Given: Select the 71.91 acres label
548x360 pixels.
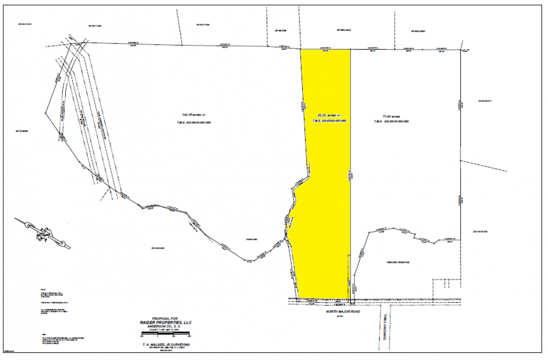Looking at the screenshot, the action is [392, 117].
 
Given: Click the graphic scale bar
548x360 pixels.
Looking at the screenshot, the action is [166, 332].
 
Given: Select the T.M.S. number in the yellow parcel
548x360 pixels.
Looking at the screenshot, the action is [329, 120].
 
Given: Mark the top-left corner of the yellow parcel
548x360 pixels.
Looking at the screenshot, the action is [300, 49].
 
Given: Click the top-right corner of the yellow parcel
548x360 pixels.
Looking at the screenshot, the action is [351, 49].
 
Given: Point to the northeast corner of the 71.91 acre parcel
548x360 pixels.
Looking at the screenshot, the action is [462, 50].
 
